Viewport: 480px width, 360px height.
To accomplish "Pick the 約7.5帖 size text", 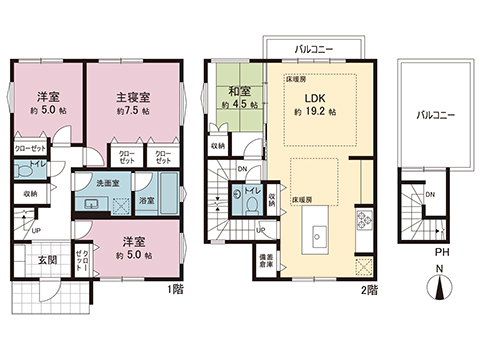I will pos(133,113).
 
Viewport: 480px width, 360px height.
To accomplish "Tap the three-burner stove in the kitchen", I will pos(363,220).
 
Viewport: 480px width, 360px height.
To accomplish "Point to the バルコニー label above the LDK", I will pos(313,47).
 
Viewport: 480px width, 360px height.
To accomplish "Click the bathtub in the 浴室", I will pos(169,199).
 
